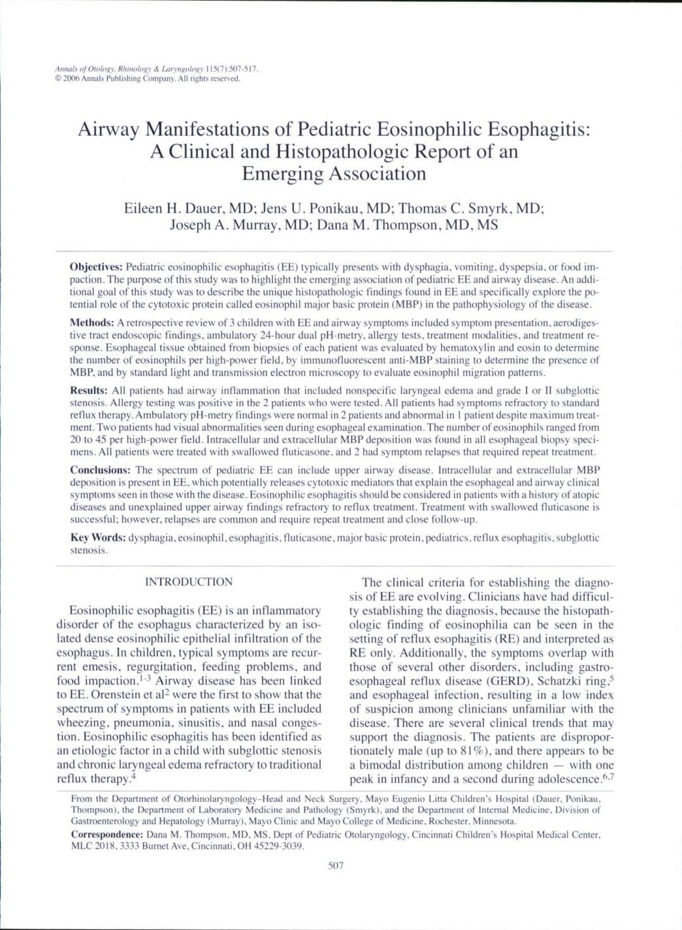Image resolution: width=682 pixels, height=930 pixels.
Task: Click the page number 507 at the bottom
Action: click(x=335, y=866)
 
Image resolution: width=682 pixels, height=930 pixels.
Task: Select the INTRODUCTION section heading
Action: click(x=188, y=582)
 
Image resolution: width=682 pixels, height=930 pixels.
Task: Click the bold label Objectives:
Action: click(x=96, y=268)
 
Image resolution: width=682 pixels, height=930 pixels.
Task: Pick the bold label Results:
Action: click(x=88, y=391)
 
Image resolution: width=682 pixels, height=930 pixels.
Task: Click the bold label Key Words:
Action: click(x=98, y=538)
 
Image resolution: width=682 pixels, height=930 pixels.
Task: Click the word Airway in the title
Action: click(x=108, y=129)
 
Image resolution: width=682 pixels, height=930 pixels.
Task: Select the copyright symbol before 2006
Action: click(x=59, y=79)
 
